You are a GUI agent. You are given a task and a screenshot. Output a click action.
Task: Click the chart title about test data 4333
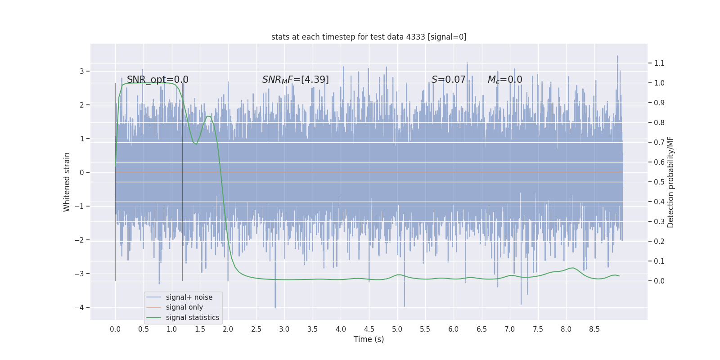coord(369,37)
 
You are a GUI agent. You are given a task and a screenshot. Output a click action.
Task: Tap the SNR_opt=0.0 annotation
coord(157,80)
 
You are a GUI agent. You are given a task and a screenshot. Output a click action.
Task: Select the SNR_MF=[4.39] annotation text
coord(295,80)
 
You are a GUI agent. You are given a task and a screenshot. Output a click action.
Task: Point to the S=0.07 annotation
coord(448,80)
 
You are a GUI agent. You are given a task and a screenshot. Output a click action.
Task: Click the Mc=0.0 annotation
coord(505,80)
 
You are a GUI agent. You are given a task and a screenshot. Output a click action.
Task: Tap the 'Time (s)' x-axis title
coord(369,339)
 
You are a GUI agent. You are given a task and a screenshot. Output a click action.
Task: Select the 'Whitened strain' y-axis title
coord(67,182)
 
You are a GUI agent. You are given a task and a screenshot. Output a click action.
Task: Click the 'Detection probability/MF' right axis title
coord(671,182)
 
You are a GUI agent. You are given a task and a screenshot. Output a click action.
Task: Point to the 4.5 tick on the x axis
coord(369,329)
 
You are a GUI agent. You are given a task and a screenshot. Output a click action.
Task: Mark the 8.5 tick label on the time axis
coord(594,329)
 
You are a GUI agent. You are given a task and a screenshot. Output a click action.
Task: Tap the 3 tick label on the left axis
coord(82,71)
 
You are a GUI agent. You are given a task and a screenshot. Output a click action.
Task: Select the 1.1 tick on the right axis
coord(659,63)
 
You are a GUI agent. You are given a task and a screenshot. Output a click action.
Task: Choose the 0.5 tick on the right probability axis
coord(659,182)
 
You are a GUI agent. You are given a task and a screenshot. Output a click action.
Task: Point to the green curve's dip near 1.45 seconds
coord(196,144)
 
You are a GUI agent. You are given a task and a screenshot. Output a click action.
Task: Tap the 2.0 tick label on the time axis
coord(228,329)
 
